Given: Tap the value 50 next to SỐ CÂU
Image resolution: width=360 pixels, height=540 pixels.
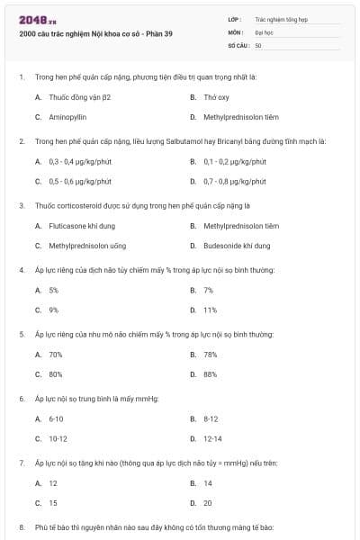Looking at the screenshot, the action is (258, 44).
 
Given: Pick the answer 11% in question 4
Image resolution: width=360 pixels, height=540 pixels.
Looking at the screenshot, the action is (210, 310).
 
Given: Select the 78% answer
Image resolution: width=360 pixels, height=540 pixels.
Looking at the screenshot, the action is (210, 355).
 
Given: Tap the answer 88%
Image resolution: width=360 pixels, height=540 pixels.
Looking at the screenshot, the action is (210, 374).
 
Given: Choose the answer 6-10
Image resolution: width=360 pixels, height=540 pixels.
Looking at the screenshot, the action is (56, 418).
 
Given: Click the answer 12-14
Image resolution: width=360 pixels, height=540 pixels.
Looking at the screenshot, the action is (212, 438).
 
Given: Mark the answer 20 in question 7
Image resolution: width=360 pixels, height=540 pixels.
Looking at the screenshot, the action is (208, 503).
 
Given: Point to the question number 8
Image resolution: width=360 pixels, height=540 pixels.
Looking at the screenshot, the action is (22, 526).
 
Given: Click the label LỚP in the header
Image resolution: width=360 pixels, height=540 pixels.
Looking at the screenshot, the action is (234, 18).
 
